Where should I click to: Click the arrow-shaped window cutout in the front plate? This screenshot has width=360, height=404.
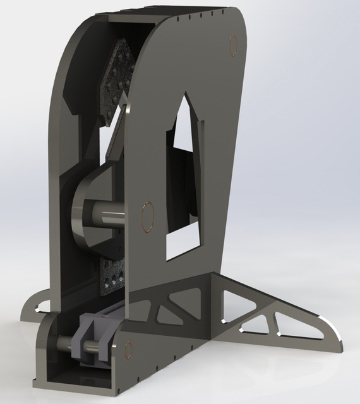click(x=184, y=183)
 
